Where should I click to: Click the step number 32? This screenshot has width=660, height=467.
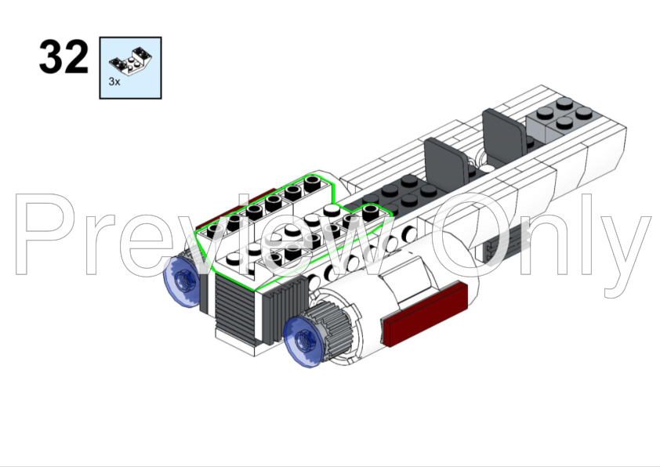[x=63, y=56]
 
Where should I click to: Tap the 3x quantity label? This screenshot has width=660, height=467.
[x=114, y=81]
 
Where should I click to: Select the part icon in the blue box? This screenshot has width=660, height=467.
[x=130, y=60]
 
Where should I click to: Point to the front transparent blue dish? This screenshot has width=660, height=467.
[x=304, y=340]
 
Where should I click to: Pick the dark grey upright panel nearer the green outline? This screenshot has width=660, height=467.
[x=446, y=162]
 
